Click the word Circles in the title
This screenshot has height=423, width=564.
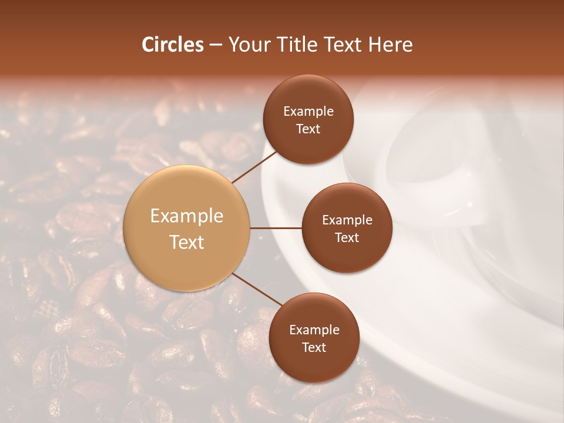(x=172, y=45)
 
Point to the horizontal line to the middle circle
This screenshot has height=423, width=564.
(x=276, y=228)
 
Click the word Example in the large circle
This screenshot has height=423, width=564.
(x=187, y=216)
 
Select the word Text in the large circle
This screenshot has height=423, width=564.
(x=187, y=242)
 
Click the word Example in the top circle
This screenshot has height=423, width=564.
(x=308, y=112)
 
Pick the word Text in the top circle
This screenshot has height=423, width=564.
(x=308, y=129)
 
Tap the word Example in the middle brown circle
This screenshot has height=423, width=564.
(x=347, y=220)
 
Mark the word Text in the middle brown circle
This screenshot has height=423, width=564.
(x=347, y=238)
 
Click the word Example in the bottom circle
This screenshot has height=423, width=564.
(x=314, y=330)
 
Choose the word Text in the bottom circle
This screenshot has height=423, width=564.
(x=314, y=348)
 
